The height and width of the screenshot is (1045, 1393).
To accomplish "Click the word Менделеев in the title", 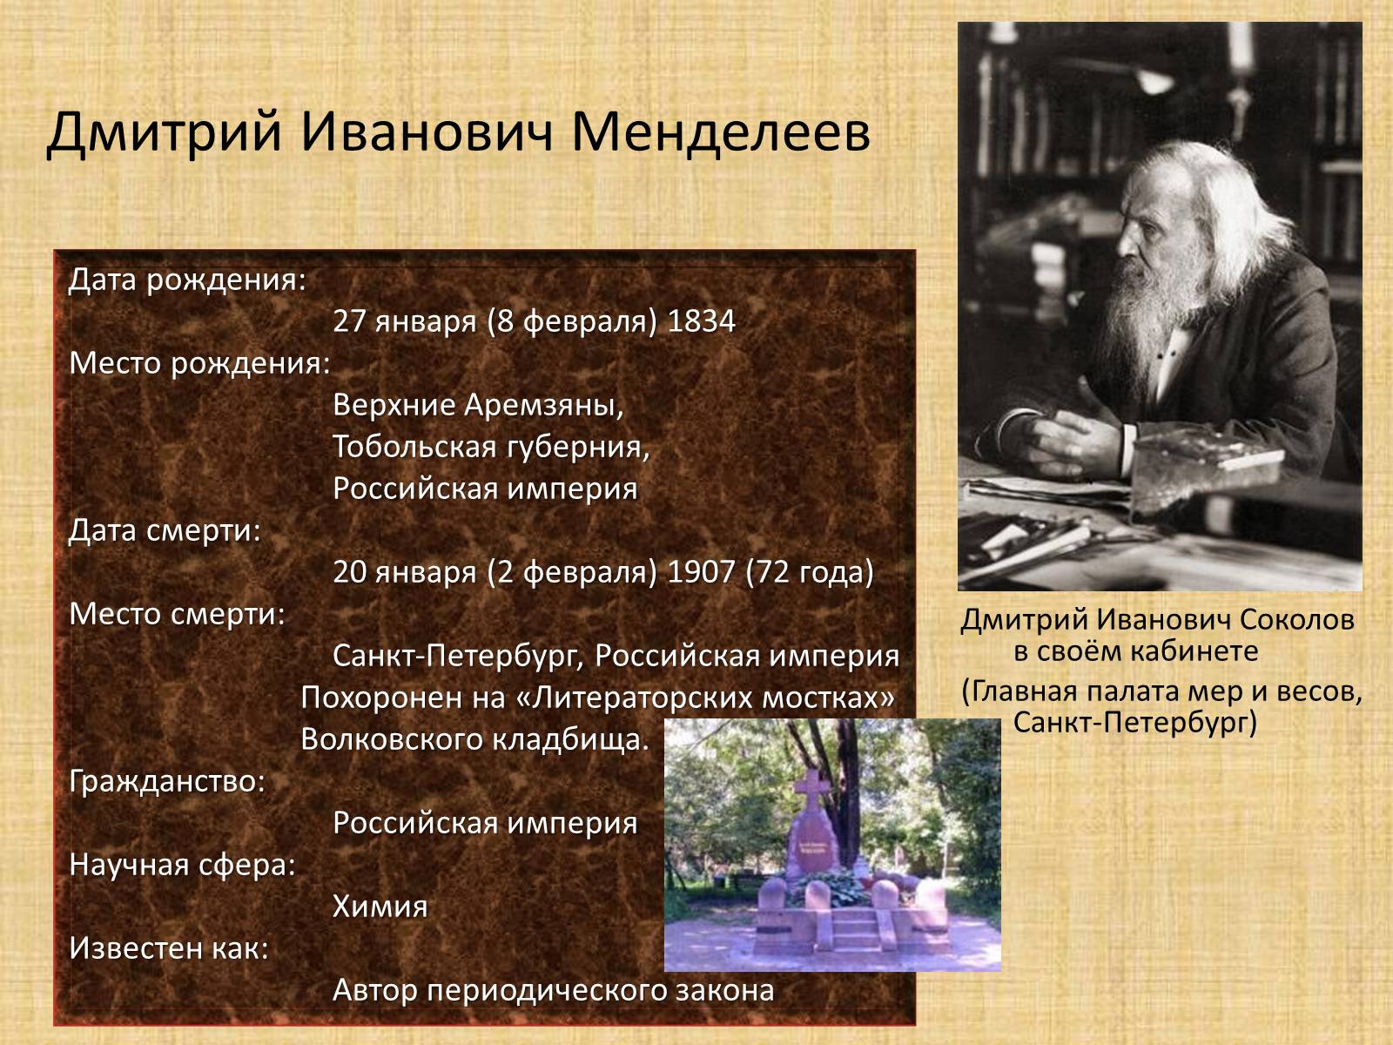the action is coord(720,133).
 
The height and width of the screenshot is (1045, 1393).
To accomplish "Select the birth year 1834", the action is coord(701,321).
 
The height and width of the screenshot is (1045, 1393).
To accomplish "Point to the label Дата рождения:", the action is coord(187,280).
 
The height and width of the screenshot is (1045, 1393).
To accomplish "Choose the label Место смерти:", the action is coord(178,614).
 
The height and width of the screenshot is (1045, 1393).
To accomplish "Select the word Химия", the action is coord(380,906).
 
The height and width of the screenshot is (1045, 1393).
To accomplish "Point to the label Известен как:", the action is coord(169,948).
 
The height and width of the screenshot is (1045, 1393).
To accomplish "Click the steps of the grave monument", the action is coord(853,927).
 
